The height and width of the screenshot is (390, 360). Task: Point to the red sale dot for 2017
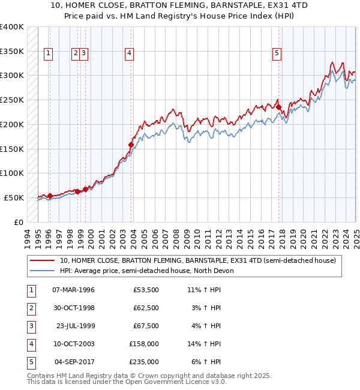(x=279, y=107)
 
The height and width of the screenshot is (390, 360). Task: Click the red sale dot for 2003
(x=131, y=145)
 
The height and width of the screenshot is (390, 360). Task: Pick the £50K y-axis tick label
(x=14, y=197)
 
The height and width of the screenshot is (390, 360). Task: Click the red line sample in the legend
(x=42, y=261)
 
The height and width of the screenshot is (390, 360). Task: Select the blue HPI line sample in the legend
(x=42, y=271)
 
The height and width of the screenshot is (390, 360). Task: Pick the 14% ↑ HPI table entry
(x=204, y=344)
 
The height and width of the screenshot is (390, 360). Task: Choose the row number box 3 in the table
(x=30, y=326)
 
